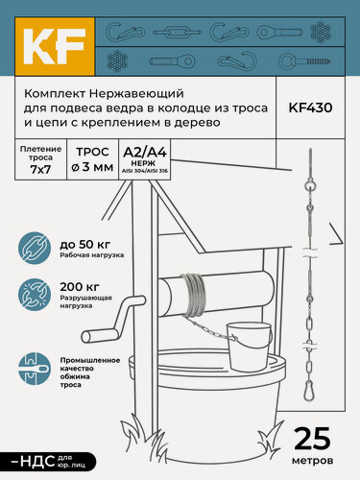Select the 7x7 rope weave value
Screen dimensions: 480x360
(39, 169)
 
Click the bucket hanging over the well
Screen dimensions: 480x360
(247, 340)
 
